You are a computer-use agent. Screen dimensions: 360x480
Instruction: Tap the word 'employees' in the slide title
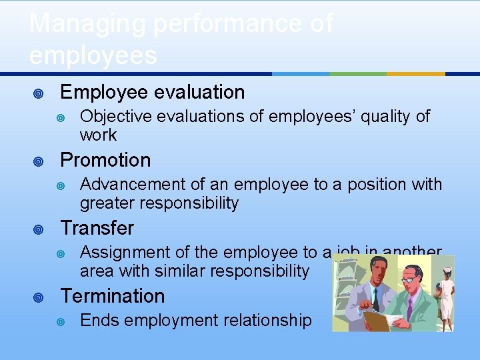(x=93, y=55)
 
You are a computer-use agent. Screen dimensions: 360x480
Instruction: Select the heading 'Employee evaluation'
(x=152, y=92)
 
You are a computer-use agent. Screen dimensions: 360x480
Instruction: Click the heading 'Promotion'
(x=105, y=160)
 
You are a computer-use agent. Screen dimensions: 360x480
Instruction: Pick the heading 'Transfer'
(x=97, y=228)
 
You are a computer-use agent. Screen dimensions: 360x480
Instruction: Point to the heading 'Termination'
(x=112, y=296)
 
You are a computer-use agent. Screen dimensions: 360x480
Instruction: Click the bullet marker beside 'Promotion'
(x=39, y=161)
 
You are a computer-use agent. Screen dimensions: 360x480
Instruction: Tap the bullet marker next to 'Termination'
(x=39, y=297)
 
